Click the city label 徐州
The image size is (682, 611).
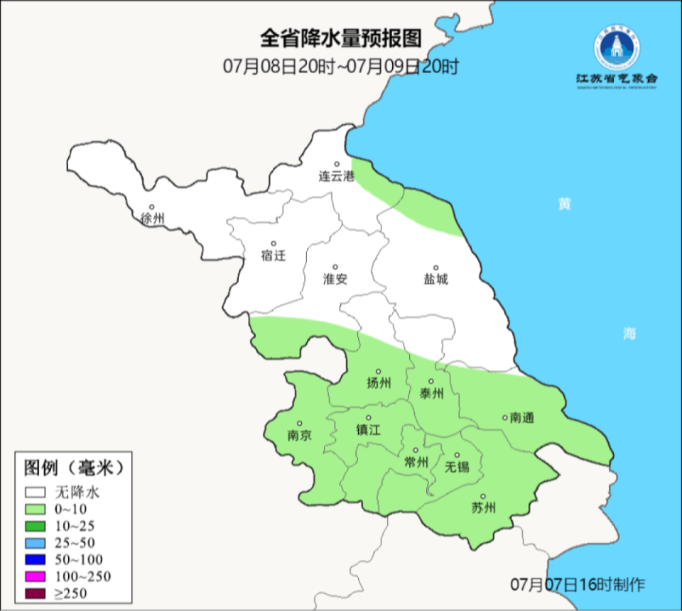pyautogui.click(x=152, y=219)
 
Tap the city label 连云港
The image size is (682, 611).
pyautogui.click(x=336, y=176)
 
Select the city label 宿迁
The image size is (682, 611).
pyautogui.click(x=274, y=255)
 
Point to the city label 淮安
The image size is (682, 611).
pyautogui.click(x=335, y=280)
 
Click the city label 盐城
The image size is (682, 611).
pyautogui.click(x=436, y=280)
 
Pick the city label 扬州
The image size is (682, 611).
pyautogui.click(x=379, y=383)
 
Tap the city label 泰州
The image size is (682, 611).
pyautogui.click(x=432, y=393)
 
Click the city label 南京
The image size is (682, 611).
pyautogui.click(x=299, y=436)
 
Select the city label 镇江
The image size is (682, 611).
pyautogui.click(x=369, y=430)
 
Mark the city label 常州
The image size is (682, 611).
pyautogui.click(x=416, y=463)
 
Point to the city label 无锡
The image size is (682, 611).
pyautogui.click(x=457, y=467)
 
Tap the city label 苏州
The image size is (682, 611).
pyautogui.click(x=483, y=507)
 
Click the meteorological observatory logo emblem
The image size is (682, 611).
pyautogui.click(x=617, y=48)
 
